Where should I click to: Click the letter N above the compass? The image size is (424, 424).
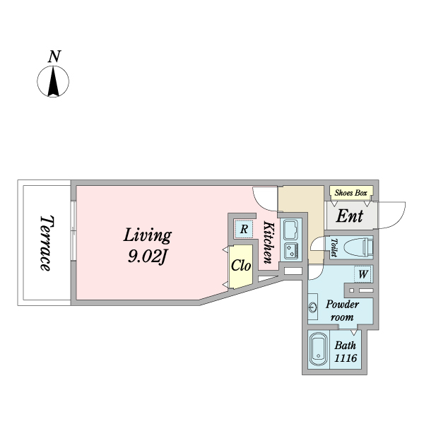(x=54, y=57)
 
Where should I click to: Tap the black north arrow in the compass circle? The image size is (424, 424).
(x=53, y=82)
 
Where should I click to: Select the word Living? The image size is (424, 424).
(x=148, y=236)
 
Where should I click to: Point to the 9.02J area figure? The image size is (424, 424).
(x=147, y=256)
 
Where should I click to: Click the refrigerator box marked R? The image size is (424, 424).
(x=244, y=229)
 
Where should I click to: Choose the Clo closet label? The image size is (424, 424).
(x=241, y=266)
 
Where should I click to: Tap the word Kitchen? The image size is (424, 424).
(x=269, y=242)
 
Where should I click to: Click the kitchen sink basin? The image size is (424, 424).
(x=291, y=229)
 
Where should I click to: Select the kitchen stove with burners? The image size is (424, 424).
(x=291, y=250)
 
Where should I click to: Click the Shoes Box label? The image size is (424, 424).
(x=351, y=193)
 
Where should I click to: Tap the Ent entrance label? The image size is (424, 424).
(x=349, y=216)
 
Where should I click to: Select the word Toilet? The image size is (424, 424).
(x=334, y=247)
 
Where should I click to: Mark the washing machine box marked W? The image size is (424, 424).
(x=363, y=274)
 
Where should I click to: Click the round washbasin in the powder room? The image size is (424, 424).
(x=313, y=307)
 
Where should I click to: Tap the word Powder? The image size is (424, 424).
(x=342, y=305)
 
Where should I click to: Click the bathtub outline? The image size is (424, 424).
(x=318, y=349)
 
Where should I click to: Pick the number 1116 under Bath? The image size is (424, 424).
(x=346, y=358)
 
